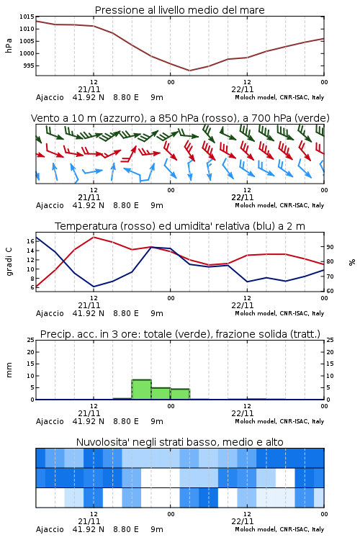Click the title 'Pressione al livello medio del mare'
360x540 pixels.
[x=179, y=10]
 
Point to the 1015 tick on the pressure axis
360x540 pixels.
[x=27, y=17]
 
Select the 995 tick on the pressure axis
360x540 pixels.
[x=29, y=66]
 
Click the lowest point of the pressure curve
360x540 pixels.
[x=189, y=71]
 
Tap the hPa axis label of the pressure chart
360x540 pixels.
[x=9, y=45]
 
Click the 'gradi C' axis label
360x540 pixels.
[x=9, y=262]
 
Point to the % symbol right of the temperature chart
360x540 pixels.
[x=352, y=262]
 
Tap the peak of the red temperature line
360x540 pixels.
[x=94, y=237]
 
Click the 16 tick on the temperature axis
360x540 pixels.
[x=30, y=241]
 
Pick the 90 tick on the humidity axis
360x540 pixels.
[x=330, y=247]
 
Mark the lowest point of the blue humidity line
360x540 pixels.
[x=94, y=287]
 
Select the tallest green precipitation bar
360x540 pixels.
[x=142, y=390]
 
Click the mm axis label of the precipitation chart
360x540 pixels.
[x=9, y=370]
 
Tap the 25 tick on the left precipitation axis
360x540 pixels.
[x=30, y=340]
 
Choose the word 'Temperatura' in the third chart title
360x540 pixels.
[x=86, y=226]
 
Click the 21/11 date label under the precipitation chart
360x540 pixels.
[x=89, y=413]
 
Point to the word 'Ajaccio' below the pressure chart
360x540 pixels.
[x=50, y=97]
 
